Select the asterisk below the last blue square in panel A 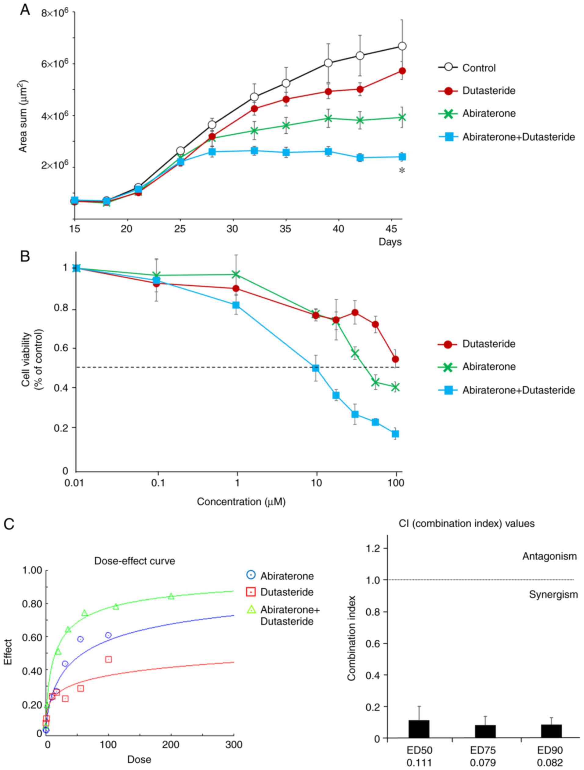coord(402,171)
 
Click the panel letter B coord(25,257)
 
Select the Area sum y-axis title coord(23,117)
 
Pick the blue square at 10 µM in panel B coord(315,368)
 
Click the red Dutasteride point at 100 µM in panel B coord(395,359)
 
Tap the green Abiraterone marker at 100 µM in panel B coord(395,387)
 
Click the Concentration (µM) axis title coord(241,502)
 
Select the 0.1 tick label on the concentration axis coord(158,483)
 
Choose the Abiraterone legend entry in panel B coord(488,367)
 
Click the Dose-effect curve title coord(134,561)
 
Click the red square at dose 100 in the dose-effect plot coord(109,659)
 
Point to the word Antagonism coord(549,556)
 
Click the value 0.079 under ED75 coord(483,763)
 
